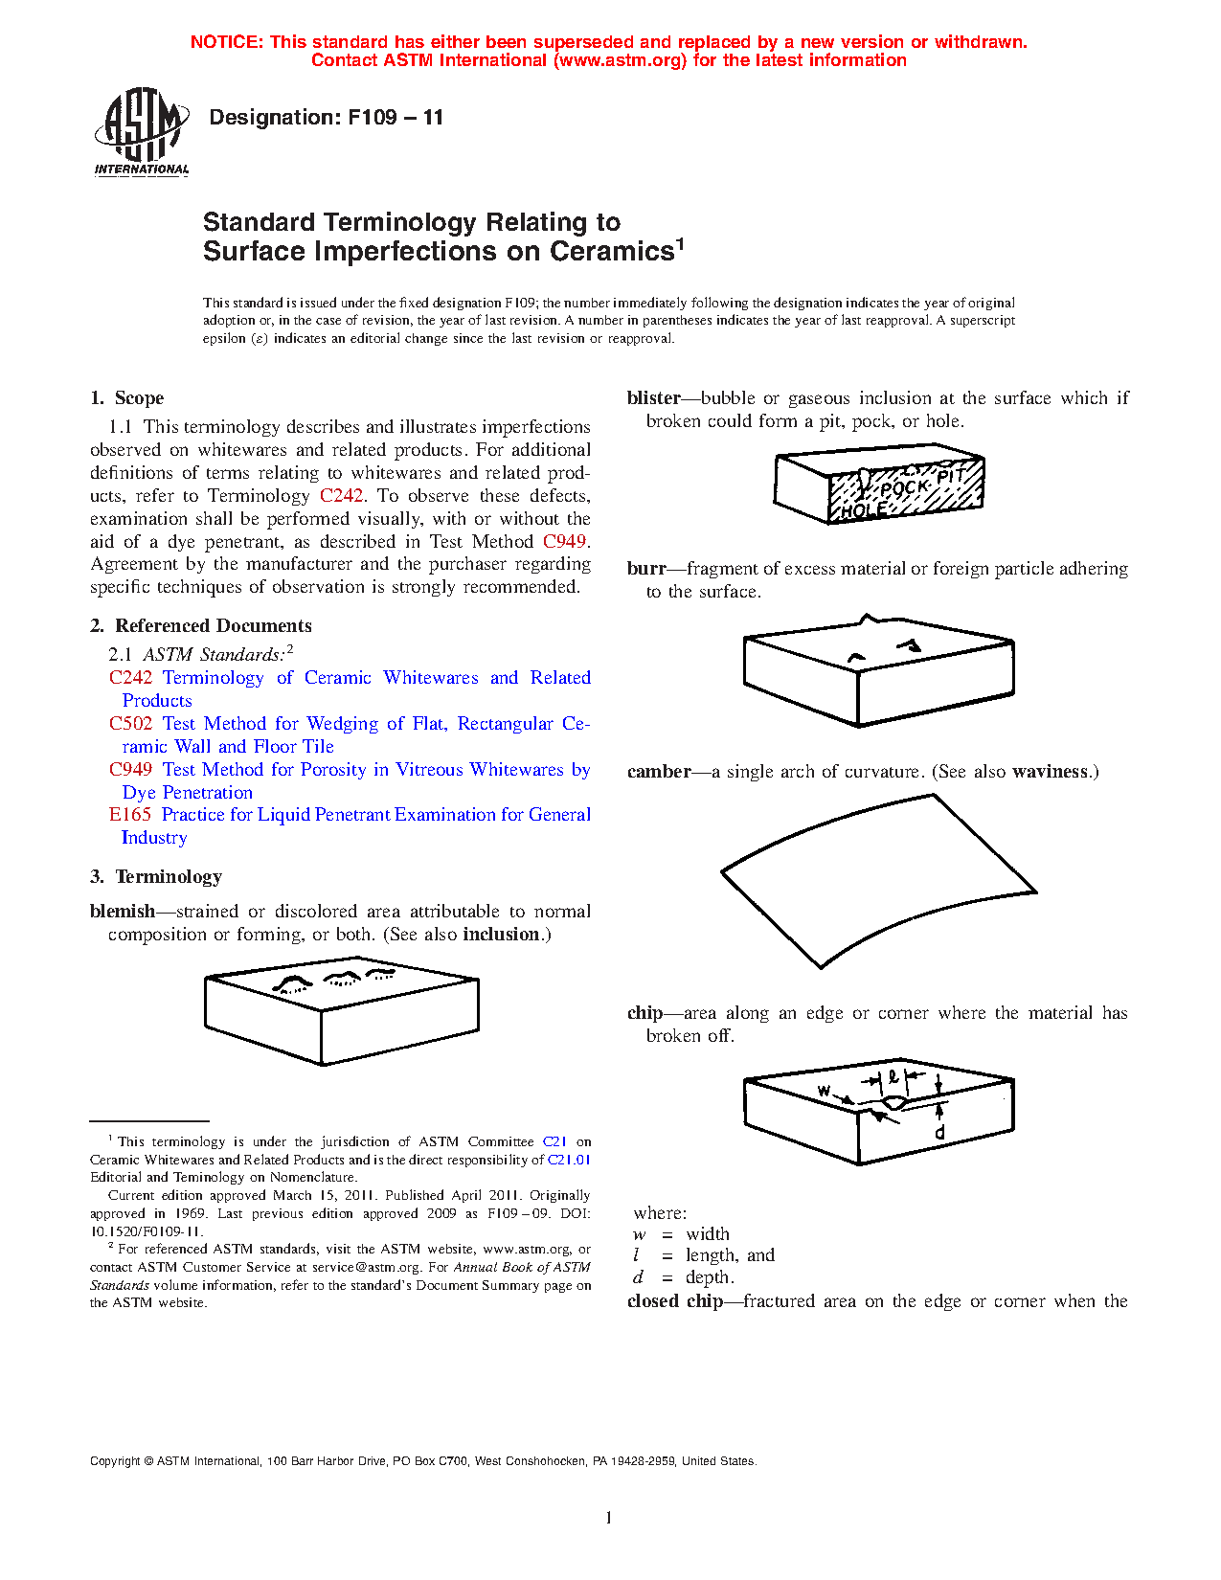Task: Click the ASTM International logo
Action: (141, 131)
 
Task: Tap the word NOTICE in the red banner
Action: (226, 42)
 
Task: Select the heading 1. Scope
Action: (127, 397)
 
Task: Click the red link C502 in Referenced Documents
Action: (131, 724)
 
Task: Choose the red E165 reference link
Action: (130, 814)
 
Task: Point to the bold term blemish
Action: (123, 911)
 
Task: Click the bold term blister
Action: (654, 397)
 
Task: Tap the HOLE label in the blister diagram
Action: (864, 510)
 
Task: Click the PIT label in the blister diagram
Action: (951, 476)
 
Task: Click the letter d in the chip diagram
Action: (939, 1132)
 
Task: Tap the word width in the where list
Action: (708, 1234)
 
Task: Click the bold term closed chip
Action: (675, 1300)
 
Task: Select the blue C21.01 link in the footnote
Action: (569, 1160)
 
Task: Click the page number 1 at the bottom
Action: (609, 1518)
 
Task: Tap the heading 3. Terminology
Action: (156, 876)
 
